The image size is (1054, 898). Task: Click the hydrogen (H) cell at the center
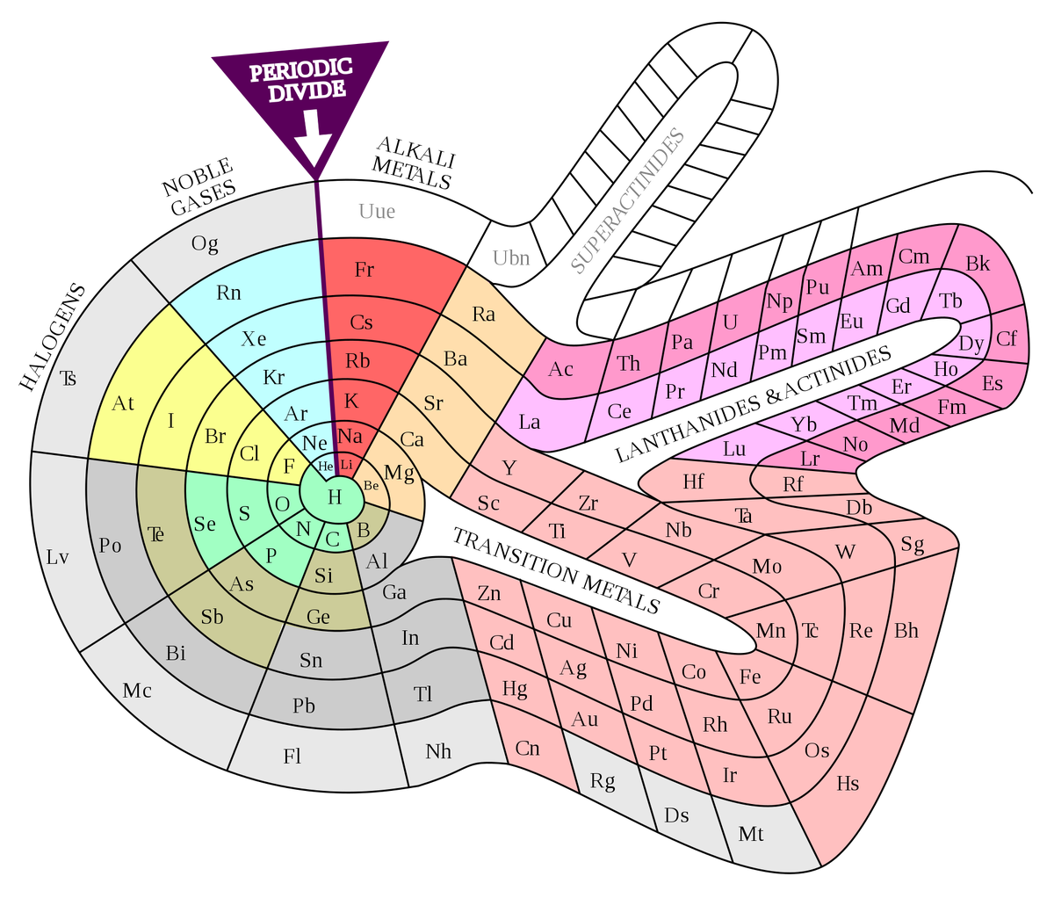coord(334,496)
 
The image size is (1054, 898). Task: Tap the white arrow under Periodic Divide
coord(312,139)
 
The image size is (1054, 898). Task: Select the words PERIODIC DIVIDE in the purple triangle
coord(300,79)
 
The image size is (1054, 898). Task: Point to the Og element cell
coord(206,243)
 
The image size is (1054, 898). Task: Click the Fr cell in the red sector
coord(364,270)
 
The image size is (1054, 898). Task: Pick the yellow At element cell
coord(123,403)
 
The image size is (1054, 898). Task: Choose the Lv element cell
coord(58,556)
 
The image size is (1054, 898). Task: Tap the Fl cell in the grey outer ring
coord(292,756)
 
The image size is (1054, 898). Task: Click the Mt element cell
coord(751,833)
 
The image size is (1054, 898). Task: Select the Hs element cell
coord(848,782)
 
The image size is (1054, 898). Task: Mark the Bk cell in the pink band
coord(978,264)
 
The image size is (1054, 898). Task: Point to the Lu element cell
coord(734,448)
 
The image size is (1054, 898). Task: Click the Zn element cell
coord(489,593)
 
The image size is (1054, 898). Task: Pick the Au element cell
coord(585,719)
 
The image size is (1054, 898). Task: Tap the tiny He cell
coord(325,466)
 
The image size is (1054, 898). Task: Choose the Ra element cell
coord(483,314)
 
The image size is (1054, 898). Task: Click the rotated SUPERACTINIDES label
coord(627,201)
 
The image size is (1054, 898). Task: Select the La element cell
coord(530,422)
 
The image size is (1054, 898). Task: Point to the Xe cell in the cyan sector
coord(254,338)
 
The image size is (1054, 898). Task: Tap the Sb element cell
coord(213,617)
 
